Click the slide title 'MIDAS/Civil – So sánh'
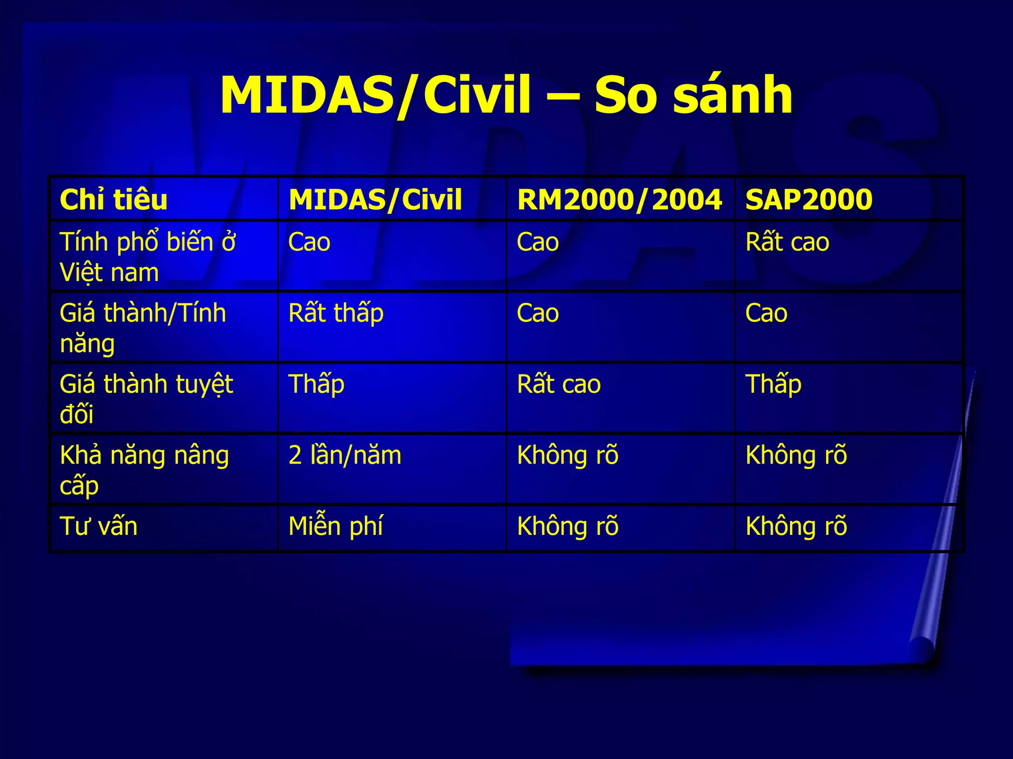click(506, 95)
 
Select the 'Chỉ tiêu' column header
click(113, 200)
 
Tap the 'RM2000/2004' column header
click(619, 200)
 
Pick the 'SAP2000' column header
click(809, 200)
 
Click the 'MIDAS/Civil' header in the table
click(375, 200)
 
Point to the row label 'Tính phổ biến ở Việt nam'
click(147, 257)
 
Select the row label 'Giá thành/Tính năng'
click(142, 328)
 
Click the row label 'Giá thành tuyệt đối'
click(146, 398)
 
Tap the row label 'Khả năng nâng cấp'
click(144, 470)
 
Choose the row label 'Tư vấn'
click(98, 526)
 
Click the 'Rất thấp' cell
click(336, 314)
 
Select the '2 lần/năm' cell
click(345, 455)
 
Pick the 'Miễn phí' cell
click(335, 526)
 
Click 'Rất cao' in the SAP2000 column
click(787, 242)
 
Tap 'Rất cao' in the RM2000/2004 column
click(558, 384)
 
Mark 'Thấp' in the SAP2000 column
click(773, 384)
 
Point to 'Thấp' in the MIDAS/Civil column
click(316, 384)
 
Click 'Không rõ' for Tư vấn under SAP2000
click(796, 526)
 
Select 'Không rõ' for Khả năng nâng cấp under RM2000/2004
click(567, 455)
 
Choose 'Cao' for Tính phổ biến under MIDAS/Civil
click(309, 242)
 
